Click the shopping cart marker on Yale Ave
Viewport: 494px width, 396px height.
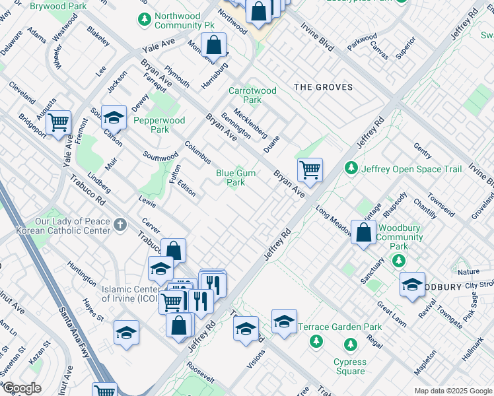click(59, 121)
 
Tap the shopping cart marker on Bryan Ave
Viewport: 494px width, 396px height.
click(310, 170)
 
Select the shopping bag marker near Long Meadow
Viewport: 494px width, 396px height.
click(363, 232)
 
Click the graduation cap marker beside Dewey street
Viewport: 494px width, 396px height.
click(114, 117)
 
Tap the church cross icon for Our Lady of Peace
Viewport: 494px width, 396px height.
click(120, 225)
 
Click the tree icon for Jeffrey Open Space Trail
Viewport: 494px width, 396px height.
click(353, 169)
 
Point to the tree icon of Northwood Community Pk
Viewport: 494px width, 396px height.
click(145, 20)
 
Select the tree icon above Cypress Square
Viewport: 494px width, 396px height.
click(349, 344)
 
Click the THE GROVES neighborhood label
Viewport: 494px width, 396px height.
click(323, 87)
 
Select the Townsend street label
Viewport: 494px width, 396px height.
click(441, 205)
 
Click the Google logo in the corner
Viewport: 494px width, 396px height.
click(22, 388)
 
